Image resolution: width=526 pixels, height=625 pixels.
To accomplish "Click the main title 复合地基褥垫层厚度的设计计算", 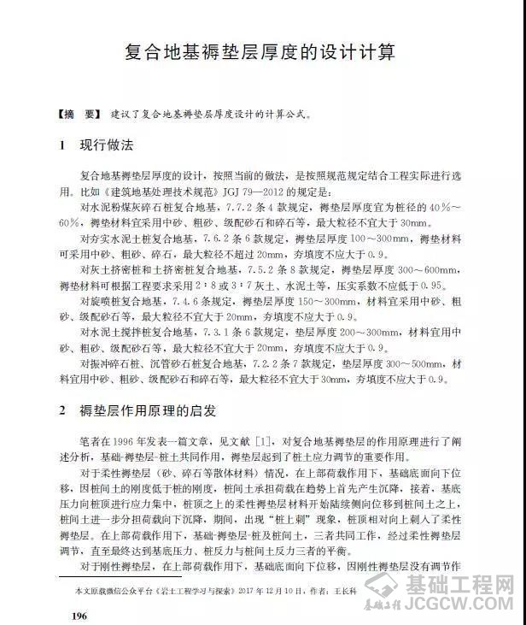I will [254, 54].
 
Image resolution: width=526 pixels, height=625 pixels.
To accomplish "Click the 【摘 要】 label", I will [79, 113].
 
